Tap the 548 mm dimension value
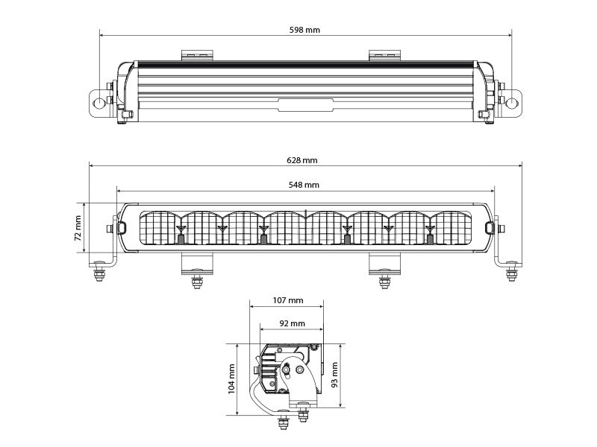[x=304, y=185]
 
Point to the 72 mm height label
[x=78, y=228]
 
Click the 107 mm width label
[x=287, y=301]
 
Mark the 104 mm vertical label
[x=231, y=378]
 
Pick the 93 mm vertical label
[x=335, y=375]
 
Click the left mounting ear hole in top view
[x=98, y=101]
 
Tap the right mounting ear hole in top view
[x=512, y=101]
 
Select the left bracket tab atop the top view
[x=197, y=55]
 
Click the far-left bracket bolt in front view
[x=97, y=275]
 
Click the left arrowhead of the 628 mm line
[x=92, y=168]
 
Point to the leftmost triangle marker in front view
[x=181, y=227]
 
